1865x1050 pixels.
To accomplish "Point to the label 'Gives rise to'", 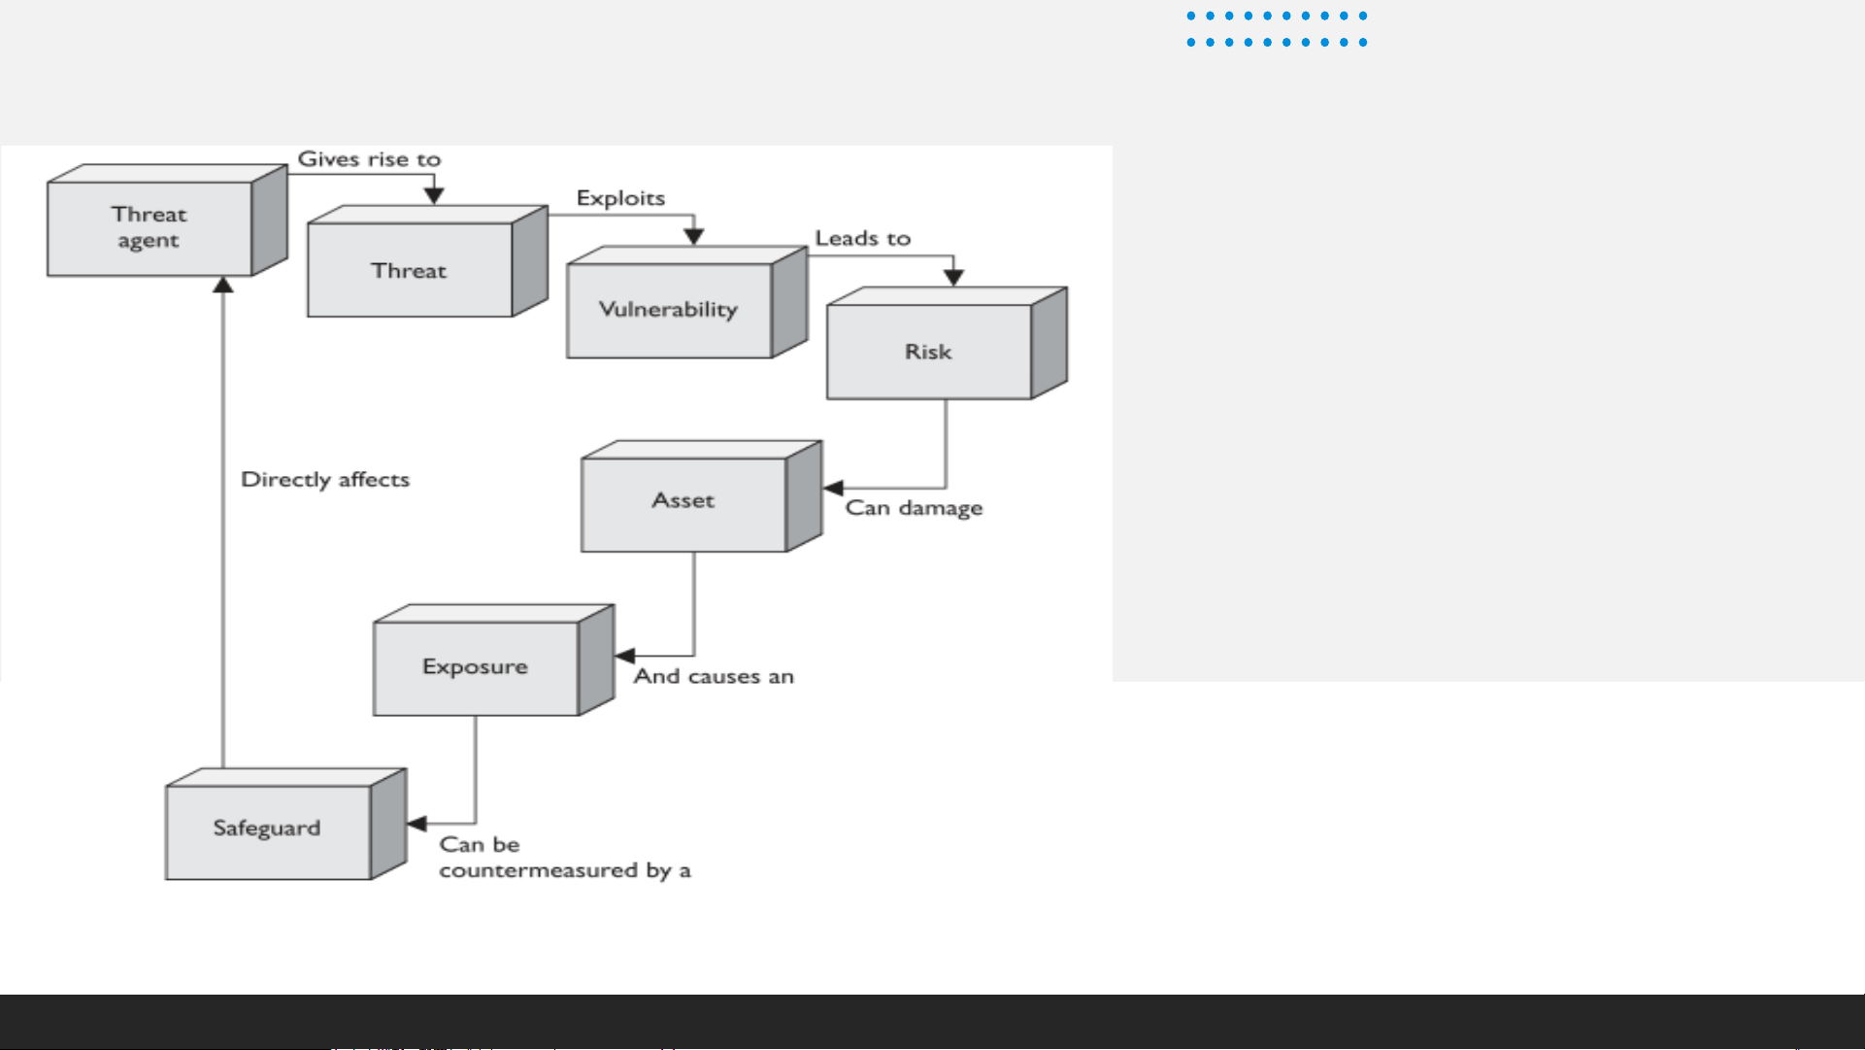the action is (x=369, y=159).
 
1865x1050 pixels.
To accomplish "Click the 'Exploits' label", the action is (x=620, y=198).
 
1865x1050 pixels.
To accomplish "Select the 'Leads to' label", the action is (x=863, y=238).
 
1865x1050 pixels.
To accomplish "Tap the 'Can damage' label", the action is (x=914, y=508).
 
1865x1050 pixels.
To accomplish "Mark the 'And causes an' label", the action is (x=714, y=676).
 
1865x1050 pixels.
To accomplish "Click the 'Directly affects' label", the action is (x=325, y=480).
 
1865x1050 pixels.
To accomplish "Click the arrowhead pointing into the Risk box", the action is (x=953, y=277).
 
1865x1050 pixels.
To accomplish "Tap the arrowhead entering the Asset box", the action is (x=833, y=488).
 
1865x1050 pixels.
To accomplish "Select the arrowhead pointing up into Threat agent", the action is (x=223, y=285).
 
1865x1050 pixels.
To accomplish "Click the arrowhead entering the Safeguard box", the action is (x=417, y=824).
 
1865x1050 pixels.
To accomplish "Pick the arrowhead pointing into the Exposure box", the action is (x=625, y=656).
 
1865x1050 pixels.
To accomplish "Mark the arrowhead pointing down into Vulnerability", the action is (x=693, y=236).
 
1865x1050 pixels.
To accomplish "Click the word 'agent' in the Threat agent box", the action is (x=149, y=242).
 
